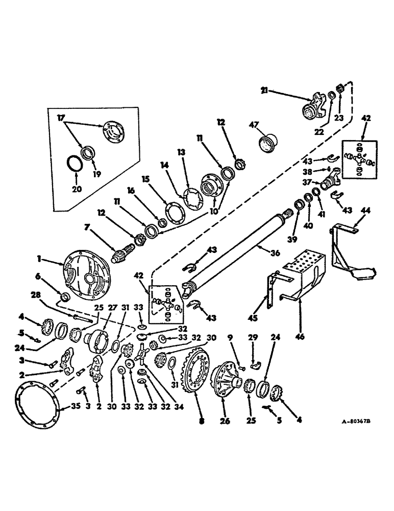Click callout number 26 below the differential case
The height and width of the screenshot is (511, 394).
[x=225, y=422]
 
